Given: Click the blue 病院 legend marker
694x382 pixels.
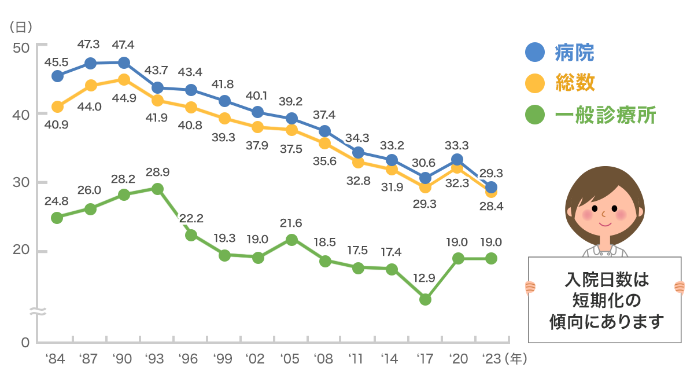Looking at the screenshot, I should [535, 53].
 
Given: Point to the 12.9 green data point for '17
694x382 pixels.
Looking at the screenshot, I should [425, 299].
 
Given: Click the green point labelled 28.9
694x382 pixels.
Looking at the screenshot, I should [157, 189].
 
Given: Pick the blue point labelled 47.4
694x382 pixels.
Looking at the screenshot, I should [124, 63].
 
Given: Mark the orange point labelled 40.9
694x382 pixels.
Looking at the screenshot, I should [57, 106].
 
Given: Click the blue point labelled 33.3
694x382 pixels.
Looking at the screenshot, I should [457, 159].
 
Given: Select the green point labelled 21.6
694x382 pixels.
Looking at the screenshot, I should [291, 240].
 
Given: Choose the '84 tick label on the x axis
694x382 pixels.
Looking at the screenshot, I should [55, 359].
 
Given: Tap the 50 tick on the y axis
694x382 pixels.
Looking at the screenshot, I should [21, 47].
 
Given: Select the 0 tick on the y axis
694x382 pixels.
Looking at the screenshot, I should [25, 343].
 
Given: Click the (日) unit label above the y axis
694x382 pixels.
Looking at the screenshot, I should [21, 27].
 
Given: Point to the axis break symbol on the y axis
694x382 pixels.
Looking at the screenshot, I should [37, 312].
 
